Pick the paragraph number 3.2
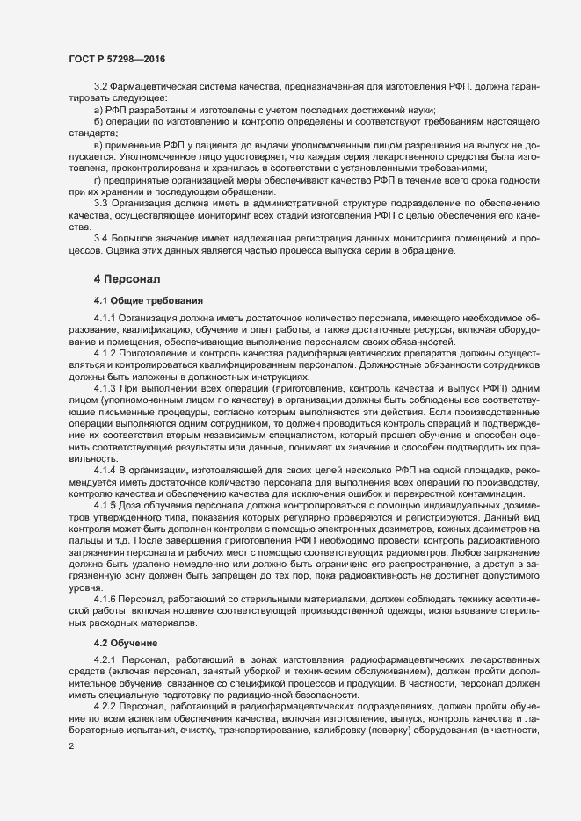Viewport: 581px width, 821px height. pos(100,86)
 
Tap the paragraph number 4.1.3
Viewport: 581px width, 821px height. pos(105,387)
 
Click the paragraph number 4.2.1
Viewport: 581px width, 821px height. pos(105,659)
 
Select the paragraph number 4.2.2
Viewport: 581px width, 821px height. pos(105,705)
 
